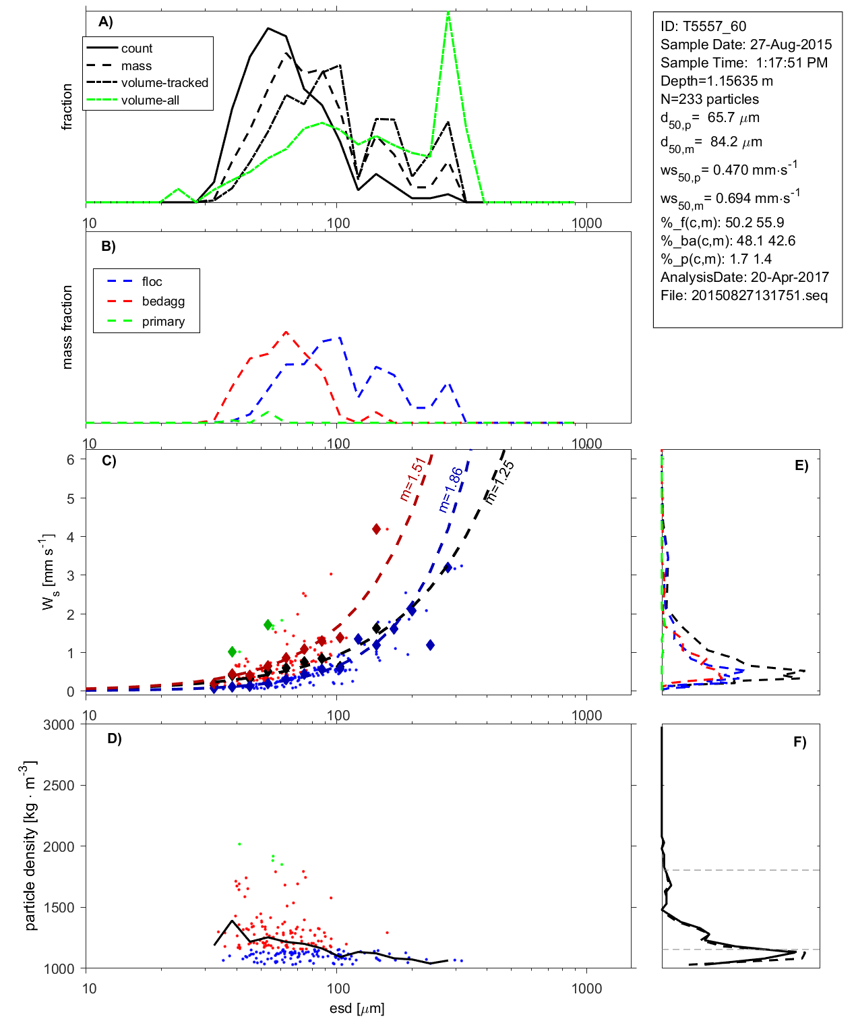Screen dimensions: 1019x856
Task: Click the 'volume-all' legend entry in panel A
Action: [150, 100]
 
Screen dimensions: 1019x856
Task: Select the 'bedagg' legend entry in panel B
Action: [163, 301]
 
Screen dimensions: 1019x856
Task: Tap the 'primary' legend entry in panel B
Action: [163, 322]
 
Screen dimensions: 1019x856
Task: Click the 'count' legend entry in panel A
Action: [137, 49]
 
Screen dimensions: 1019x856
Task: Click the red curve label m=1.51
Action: [412, 479]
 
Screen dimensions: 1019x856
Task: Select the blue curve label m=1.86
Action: [450, 489]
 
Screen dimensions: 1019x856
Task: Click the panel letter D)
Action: [115, 738]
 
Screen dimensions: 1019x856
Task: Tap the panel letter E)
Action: [801, 465]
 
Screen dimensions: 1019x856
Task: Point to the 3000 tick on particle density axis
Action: [59, 725]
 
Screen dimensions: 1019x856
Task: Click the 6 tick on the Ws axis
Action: [70, 459]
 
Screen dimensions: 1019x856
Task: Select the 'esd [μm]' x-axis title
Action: [357, 1009]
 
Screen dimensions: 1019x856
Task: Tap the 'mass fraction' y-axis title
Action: [67, 327]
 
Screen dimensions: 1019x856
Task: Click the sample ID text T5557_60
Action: [703, 26]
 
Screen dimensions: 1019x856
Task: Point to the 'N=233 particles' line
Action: [709, 99]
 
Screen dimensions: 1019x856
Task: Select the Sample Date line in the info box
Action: [745, 45]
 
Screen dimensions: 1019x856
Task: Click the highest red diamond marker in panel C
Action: [377, 529]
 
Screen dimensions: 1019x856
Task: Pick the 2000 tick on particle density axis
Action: [59, 847]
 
